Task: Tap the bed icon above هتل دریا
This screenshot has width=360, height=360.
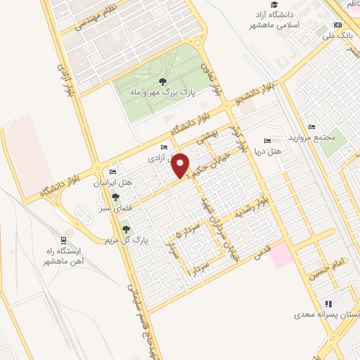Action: (x=266, y=141)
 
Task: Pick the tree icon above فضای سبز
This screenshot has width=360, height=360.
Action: (x=115, y=198)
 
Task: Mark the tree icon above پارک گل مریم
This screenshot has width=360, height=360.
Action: (x=126, y=229)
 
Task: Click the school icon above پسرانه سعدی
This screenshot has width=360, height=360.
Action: (x=328, y=304)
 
